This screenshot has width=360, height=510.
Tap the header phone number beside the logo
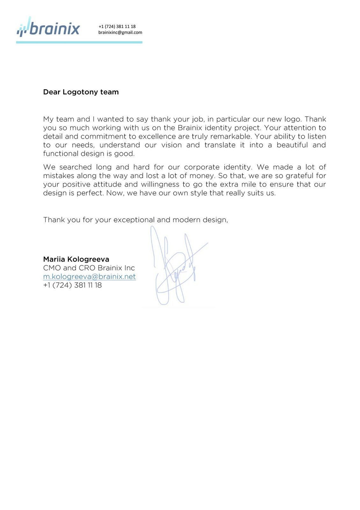[117, 26]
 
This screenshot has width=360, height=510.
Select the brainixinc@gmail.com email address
[120, 33]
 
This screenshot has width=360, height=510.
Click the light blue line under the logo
[79, 42]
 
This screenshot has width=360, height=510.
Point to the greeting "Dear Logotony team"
[81, 92]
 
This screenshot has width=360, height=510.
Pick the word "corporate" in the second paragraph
[202, 167]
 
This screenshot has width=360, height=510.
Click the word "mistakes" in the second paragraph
[59, 176]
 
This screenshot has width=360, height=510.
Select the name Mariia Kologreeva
[76, 259]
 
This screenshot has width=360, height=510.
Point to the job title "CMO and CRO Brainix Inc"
[89, 268]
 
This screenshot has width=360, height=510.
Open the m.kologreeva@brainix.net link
[89, 277]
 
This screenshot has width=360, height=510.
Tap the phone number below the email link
[72, 285]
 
